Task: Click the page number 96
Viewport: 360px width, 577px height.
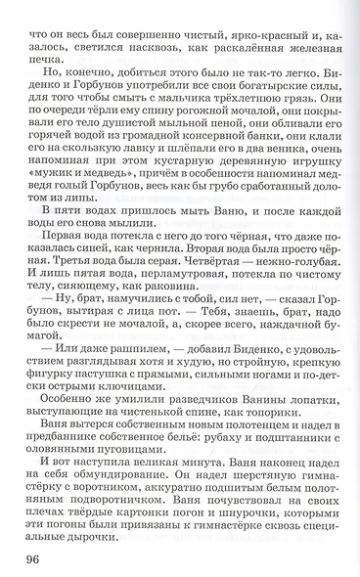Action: [26, 558]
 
